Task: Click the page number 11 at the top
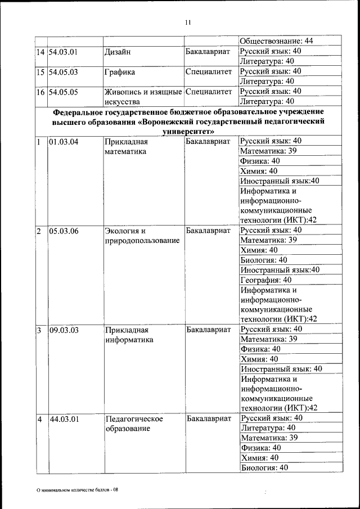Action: pos(187,22)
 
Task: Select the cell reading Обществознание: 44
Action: pos(276,41)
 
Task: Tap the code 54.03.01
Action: pos(63,51)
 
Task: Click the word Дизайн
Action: pos(118,52)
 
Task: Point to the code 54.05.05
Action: pos(63,92)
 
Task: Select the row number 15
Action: pos(40,72)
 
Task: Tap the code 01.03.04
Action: pos(63,141)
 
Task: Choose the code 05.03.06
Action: pos(63,231)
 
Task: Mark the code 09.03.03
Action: pos(63,330)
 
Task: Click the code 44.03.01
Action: pos(64,419)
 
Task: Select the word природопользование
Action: pos(142,241)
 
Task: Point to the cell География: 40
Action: pos(266,280)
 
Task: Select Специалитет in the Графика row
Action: pos(208,72)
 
